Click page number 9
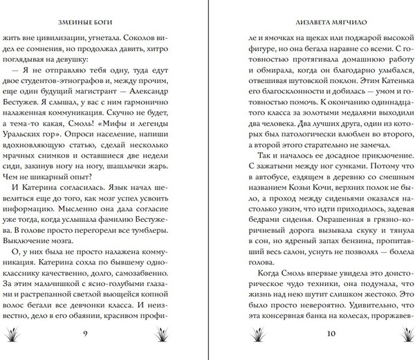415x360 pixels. point(103,334)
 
